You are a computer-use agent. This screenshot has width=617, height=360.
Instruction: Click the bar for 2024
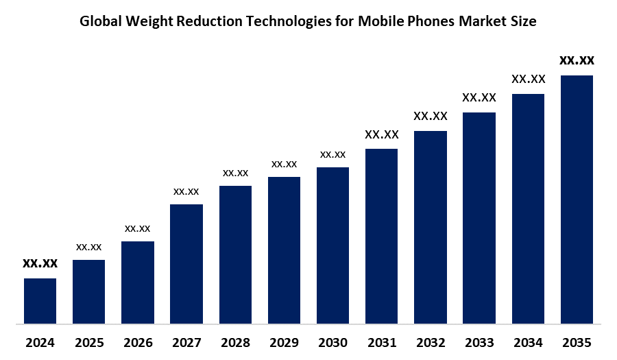40,300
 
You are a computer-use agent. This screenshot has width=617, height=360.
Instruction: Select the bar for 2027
186,263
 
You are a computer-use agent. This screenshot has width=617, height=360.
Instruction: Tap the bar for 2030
332,245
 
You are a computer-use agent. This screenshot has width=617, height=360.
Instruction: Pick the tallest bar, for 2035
577,199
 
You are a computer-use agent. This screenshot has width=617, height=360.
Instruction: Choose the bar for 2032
431,226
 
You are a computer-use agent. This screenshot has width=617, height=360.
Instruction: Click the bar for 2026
138,282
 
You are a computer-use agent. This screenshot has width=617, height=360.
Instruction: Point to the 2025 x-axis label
88,342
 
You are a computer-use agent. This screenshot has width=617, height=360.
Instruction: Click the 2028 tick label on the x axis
235,342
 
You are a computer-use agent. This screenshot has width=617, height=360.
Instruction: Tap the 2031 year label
382,342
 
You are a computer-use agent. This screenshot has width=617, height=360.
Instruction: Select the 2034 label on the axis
528,342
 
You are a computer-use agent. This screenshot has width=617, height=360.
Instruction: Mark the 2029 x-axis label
284,342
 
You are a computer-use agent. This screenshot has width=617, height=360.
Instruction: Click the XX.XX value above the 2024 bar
40,263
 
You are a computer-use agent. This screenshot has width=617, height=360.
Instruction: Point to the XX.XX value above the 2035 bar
577,60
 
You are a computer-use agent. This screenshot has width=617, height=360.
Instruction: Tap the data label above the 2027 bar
186,191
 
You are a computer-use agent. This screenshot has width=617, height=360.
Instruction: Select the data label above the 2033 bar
479,97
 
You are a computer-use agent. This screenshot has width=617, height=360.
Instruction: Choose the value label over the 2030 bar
332,154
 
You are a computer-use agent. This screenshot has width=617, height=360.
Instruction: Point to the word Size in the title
523,21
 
